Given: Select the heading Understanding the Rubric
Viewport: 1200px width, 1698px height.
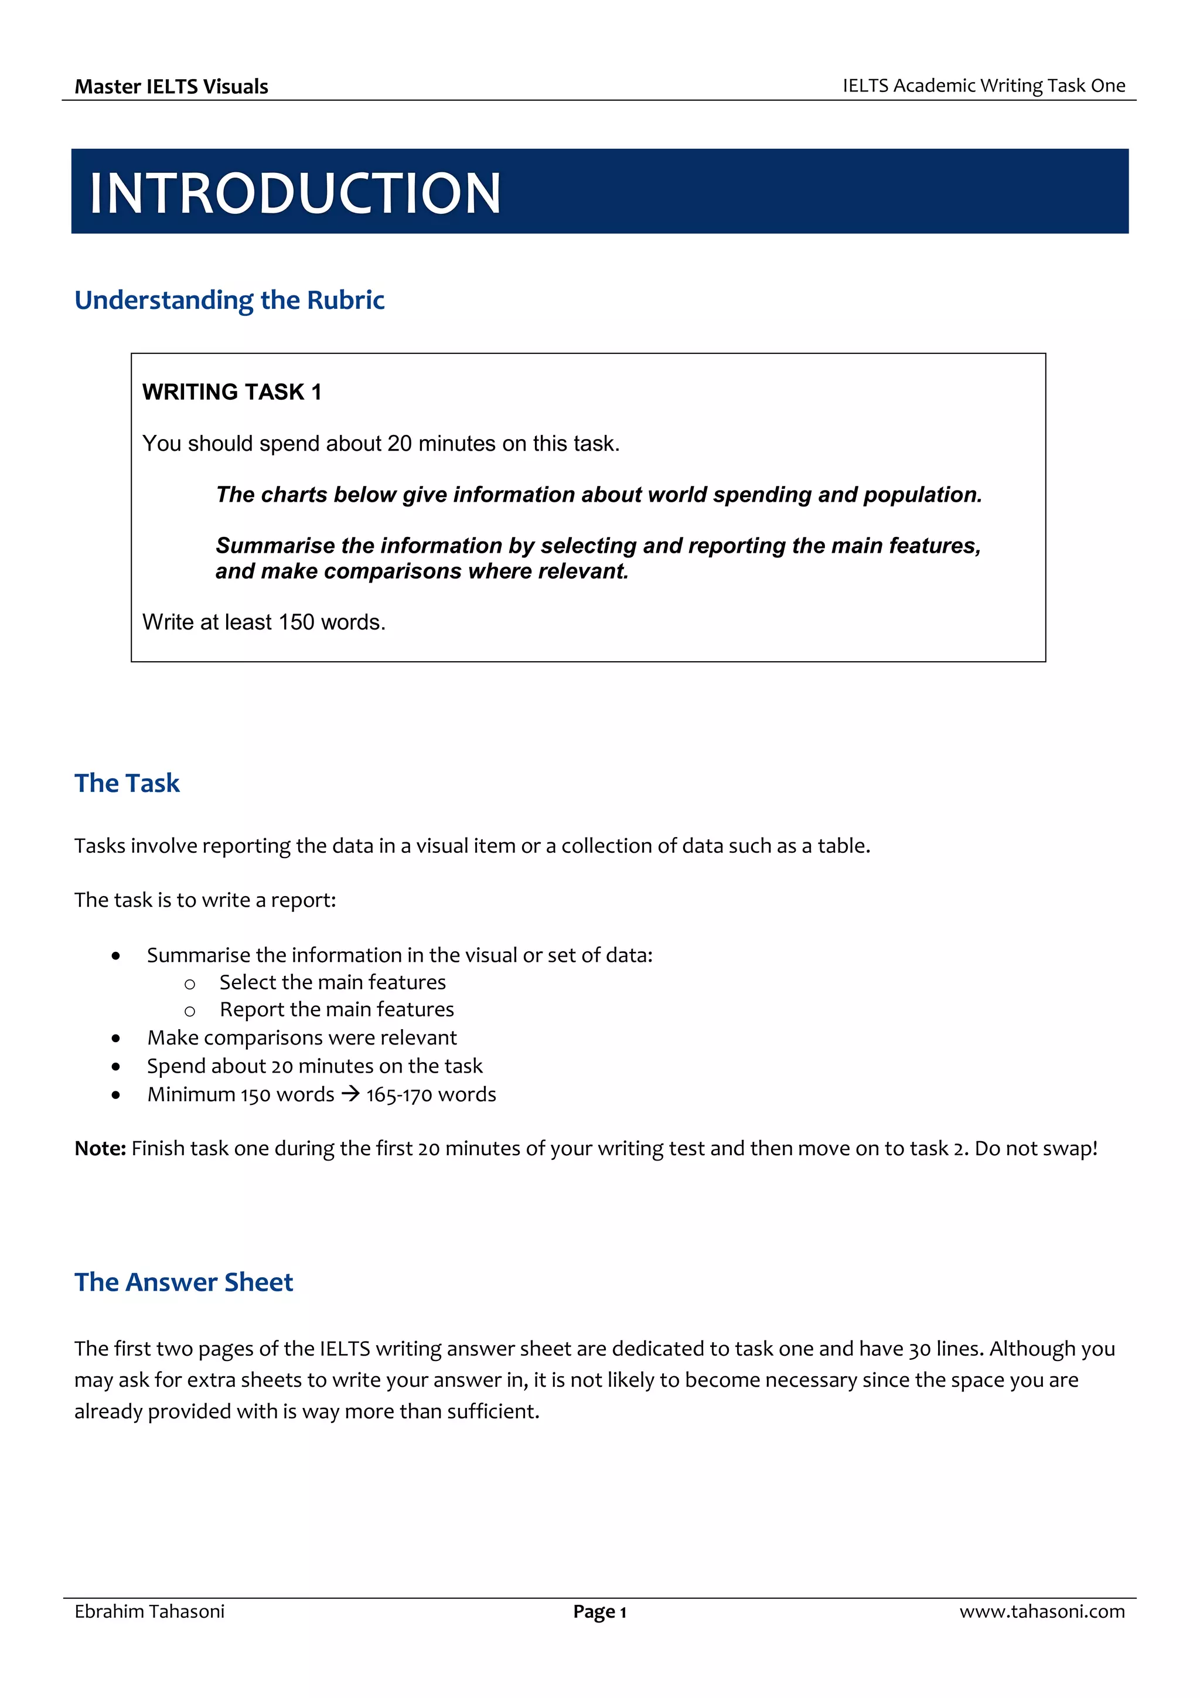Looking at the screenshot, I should pyautogui.click(x=229, y=300).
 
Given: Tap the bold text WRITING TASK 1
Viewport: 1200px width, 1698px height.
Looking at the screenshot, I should pyautogui.click(x=231, y=392).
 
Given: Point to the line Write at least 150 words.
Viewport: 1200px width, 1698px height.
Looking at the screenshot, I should pyautogui.click(x=264, y=622).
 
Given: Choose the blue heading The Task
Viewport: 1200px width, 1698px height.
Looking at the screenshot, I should pyautogui.click(x=127, y=783).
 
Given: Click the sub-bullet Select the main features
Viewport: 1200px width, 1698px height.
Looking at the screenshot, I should pyautogui.click(x=333, y=982).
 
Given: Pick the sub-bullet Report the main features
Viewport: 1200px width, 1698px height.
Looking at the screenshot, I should pyautogui.click(x=336, y=1009).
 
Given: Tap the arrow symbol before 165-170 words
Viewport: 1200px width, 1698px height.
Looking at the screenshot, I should pyautogui.click(x=350, y=1094).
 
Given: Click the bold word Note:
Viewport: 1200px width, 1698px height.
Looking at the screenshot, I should pyautogui.click(x=101, y=1149).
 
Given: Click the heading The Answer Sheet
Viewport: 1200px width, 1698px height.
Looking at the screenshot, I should pyautogui.click(x=184, y=1282).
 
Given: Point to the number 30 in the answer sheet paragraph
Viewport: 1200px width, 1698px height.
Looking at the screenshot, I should pyautogui.click(x=920, y=1349).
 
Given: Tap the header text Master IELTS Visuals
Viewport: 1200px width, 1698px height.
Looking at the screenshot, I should pyautogui.click(x=172, y=87).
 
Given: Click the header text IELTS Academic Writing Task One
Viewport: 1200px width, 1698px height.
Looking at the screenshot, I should pyautogui.click(x=983, y=86).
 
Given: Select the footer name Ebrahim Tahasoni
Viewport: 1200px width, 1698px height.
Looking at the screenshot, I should pyautogui.click(x=149, y=1611).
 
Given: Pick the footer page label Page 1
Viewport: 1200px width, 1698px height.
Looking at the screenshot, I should pyautogui.click(x=599, y=1612).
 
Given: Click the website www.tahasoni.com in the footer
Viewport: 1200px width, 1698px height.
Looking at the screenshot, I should pyautogui.click(x=1042, y=1611).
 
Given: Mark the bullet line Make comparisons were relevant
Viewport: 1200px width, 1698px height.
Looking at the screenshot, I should pyautogui.click(x=302, y=1037).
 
